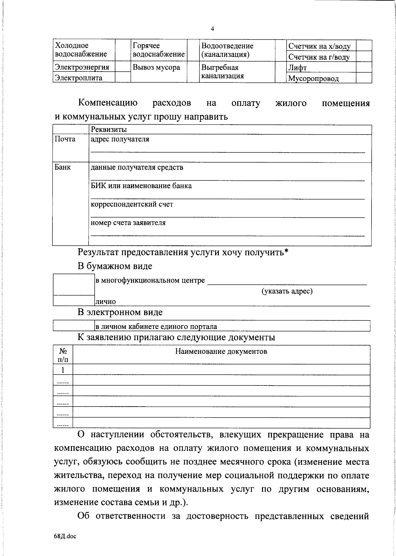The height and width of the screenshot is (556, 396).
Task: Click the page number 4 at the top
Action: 212,29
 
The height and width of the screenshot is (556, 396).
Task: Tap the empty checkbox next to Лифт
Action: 364,68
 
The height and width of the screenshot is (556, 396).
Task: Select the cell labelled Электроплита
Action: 79,78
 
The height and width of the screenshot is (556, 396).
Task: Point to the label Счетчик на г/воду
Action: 319,57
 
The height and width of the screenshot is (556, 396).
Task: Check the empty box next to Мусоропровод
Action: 364,78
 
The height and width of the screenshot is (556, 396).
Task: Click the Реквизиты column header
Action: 109,130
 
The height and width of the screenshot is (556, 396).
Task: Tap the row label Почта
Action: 65,139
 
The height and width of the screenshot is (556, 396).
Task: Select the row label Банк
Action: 63,167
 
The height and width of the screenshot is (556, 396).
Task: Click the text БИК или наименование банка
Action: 141,186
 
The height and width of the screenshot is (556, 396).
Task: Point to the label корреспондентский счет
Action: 132,204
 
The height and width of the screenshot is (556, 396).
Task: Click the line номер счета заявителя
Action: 128,223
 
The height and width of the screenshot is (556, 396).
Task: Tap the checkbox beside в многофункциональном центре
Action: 74,285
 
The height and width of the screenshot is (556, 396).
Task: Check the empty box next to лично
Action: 74,300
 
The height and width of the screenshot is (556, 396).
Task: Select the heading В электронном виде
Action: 120,312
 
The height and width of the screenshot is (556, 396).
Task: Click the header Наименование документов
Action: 221,352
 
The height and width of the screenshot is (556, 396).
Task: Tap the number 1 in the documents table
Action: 62,370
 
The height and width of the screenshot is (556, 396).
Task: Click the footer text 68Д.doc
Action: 65,537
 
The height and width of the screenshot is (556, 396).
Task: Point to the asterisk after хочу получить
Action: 286,251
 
